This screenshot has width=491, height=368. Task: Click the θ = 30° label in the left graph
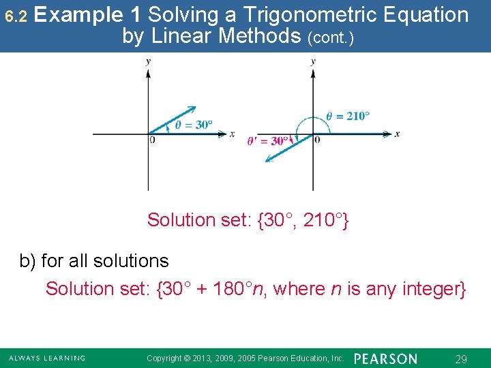194,125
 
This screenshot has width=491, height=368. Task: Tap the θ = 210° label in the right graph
348,116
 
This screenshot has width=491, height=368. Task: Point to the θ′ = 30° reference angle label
267,141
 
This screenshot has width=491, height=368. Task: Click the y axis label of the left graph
148,62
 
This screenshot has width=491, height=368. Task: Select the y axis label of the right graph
313,62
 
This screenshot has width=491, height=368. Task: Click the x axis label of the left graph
232,134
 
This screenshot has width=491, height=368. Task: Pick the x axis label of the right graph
397,134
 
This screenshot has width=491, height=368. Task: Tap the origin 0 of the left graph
152,140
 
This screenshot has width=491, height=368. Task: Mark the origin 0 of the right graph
317,140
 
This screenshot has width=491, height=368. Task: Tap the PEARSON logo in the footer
385,358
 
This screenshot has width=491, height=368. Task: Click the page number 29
460,358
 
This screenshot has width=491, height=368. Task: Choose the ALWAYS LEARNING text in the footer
47,358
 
